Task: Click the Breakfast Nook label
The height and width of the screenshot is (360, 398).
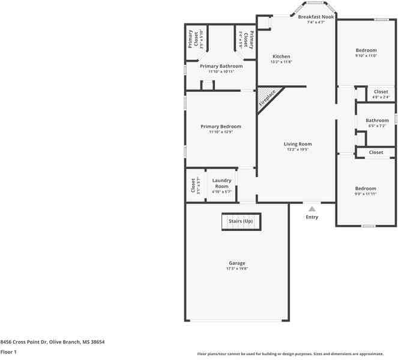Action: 316,17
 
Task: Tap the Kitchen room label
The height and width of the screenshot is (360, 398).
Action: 281,56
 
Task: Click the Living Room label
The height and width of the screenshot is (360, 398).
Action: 298,144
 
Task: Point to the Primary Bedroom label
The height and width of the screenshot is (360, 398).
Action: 221,127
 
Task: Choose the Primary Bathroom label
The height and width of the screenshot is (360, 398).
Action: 221,66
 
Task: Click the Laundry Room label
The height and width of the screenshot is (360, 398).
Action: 222,183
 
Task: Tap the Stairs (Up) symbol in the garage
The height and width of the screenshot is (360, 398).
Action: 241,221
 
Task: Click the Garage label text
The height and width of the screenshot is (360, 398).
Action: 237,263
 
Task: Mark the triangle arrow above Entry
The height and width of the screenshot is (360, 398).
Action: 312,209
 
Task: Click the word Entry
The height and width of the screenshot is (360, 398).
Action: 312,217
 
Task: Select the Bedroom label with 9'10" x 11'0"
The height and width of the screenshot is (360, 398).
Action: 366,50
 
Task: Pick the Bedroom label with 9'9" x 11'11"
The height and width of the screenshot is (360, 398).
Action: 366,188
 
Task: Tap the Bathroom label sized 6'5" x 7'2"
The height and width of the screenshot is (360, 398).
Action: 377,121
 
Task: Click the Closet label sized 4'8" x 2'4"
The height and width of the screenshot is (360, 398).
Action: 381,92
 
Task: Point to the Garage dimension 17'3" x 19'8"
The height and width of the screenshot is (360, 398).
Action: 237,269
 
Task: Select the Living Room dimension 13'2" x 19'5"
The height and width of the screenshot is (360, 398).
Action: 298,150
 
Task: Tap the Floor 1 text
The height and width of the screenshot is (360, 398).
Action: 8,352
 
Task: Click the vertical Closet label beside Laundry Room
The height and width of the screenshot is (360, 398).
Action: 193,186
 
